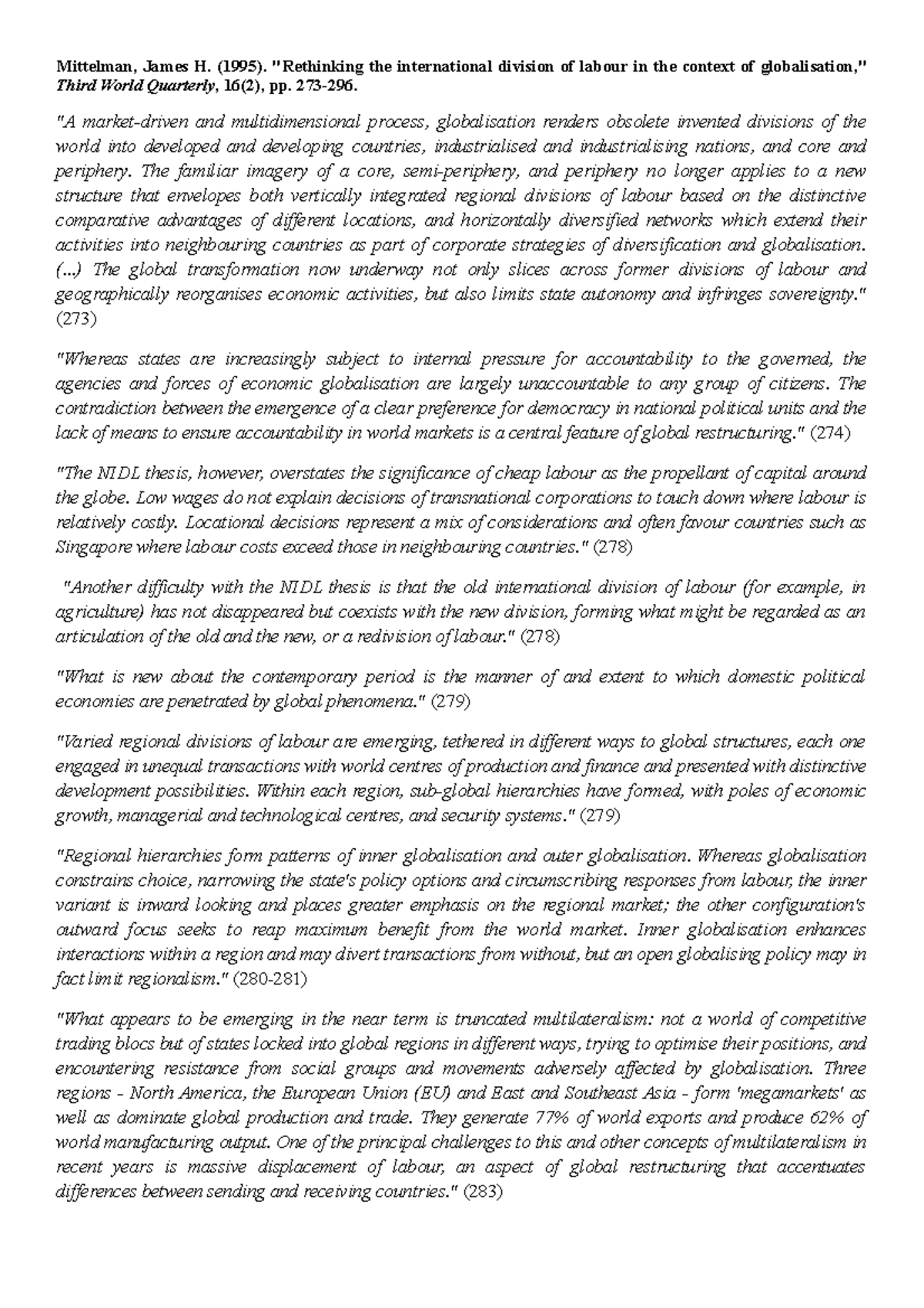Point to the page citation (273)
[x=76, y=319]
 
